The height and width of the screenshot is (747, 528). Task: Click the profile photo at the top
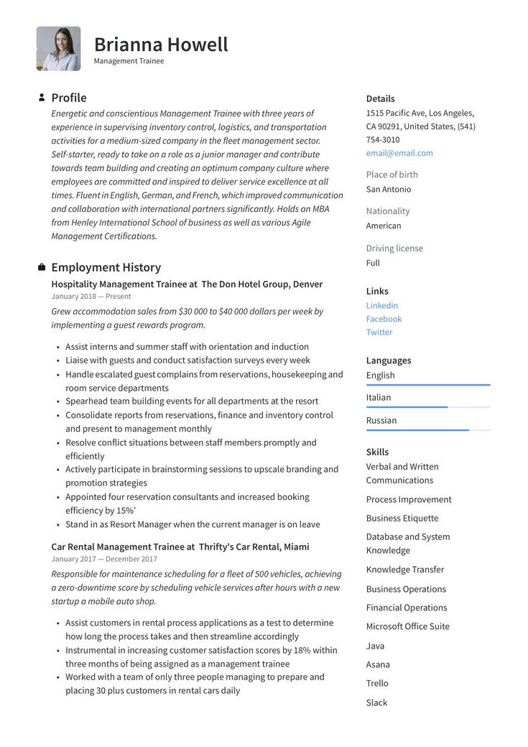[58, 49]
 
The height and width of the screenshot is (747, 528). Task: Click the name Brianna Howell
[161, 45]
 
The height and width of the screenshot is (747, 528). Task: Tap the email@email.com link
[399, 153]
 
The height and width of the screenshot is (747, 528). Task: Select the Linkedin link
[381, 305]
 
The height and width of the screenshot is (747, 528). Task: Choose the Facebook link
[384, 319]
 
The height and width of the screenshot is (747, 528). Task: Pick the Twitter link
[379, 333]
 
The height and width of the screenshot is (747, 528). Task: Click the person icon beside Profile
[42, 98]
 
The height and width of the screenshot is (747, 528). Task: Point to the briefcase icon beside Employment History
[42, 267]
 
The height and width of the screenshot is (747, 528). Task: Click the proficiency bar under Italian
[428, 407]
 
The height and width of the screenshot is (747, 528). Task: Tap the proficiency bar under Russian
[428, 430]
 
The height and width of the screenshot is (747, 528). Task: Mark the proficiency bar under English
[428, 385]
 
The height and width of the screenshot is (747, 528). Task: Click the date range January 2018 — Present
[91, 297]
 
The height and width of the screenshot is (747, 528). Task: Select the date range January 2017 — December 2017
[104, 559]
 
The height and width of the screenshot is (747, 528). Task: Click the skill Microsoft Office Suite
[407, 626]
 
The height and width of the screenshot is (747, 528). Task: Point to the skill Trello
[377, 683]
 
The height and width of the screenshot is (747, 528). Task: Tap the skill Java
[375, 646]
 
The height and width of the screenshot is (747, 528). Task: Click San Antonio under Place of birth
[389, 190]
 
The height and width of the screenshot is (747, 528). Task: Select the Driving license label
[394, 249]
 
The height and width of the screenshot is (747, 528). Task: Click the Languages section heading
[389, 361]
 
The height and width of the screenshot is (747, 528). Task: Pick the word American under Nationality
[384, 226]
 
